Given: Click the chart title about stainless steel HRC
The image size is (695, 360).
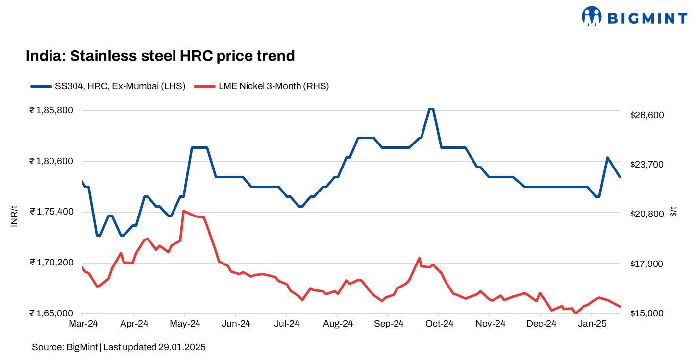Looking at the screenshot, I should click(x=160, y=56).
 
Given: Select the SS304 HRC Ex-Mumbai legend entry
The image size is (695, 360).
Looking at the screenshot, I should click(x=108, y=86).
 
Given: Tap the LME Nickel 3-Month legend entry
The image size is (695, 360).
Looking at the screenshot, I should click(x=262, y=86).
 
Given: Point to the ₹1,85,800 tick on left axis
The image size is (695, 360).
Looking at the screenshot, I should click(x=51, y=110).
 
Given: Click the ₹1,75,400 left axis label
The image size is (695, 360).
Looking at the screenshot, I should click(x=51, y=212).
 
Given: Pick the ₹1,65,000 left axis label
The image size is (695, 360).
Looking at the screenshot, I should click(x=51, y=313).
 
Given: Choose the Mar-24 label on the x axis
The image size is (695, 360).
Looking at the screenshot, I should click(x=82, y=324).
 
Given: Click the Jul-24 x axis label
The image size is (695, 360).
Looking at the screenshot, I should click(x=286, y=324).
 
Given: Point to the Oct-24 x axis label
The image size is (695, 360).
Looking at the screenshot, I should click(x=439, y=324).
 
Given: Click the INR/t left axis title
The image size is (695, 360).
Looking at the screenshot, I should click(x=14, y=216).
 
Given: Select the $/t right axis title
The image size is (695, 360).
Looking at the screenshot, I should click(x=674, y=212).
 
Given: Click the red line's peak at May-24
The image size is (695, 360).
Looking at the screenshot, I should click(x=183, y=211).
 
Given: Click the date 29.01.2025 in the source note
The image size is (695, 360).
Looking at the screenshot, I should click(x=182, y=347).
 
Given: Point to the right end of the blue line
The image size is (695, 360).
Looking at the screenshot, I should click(x=621, y=177).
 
